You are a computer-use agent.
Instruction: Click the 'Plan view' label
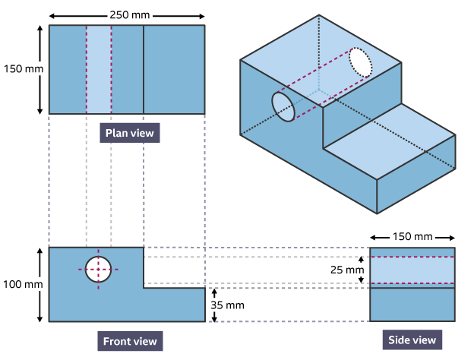pyautogui.click(x=129, y=134)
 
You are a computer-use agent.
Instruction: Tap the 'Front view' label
pyautogui.click(x=130, y=341)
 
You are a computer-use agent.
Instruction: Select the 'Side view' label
pyautogui.click(x=412, y=339)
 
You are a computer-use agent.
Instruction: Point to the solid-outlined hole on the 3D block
pyautogui.click(x=283, y=107)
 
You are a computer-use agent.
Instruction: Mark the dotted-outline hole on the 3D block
pyautogui.click(x=362, y=62)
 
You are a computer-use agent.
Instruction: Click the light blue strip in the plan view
pyautogui.click(x=99, y=69)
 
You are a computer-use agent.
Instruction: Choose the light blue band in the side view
pyautogui.click(x=412, y=270)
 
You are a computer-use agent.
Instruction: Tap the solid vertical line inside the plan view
pyautogui.click(x=144, y=69)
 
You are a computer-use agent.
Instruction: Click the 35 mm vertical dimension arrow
pyautogui.click(x=214, y=305)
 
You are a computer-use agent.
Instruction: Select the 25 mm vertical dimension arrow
pyautogui.click(x=362, y=270)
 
